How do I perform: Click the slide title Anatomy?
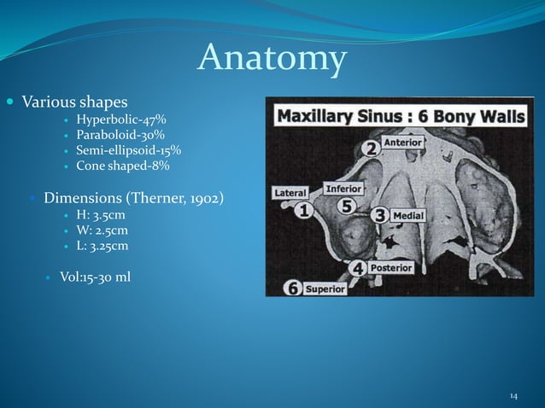click(272, 58)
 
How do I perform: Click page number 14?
click(513, 396)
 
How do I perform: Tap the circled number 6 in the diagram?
click(292, 288)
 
